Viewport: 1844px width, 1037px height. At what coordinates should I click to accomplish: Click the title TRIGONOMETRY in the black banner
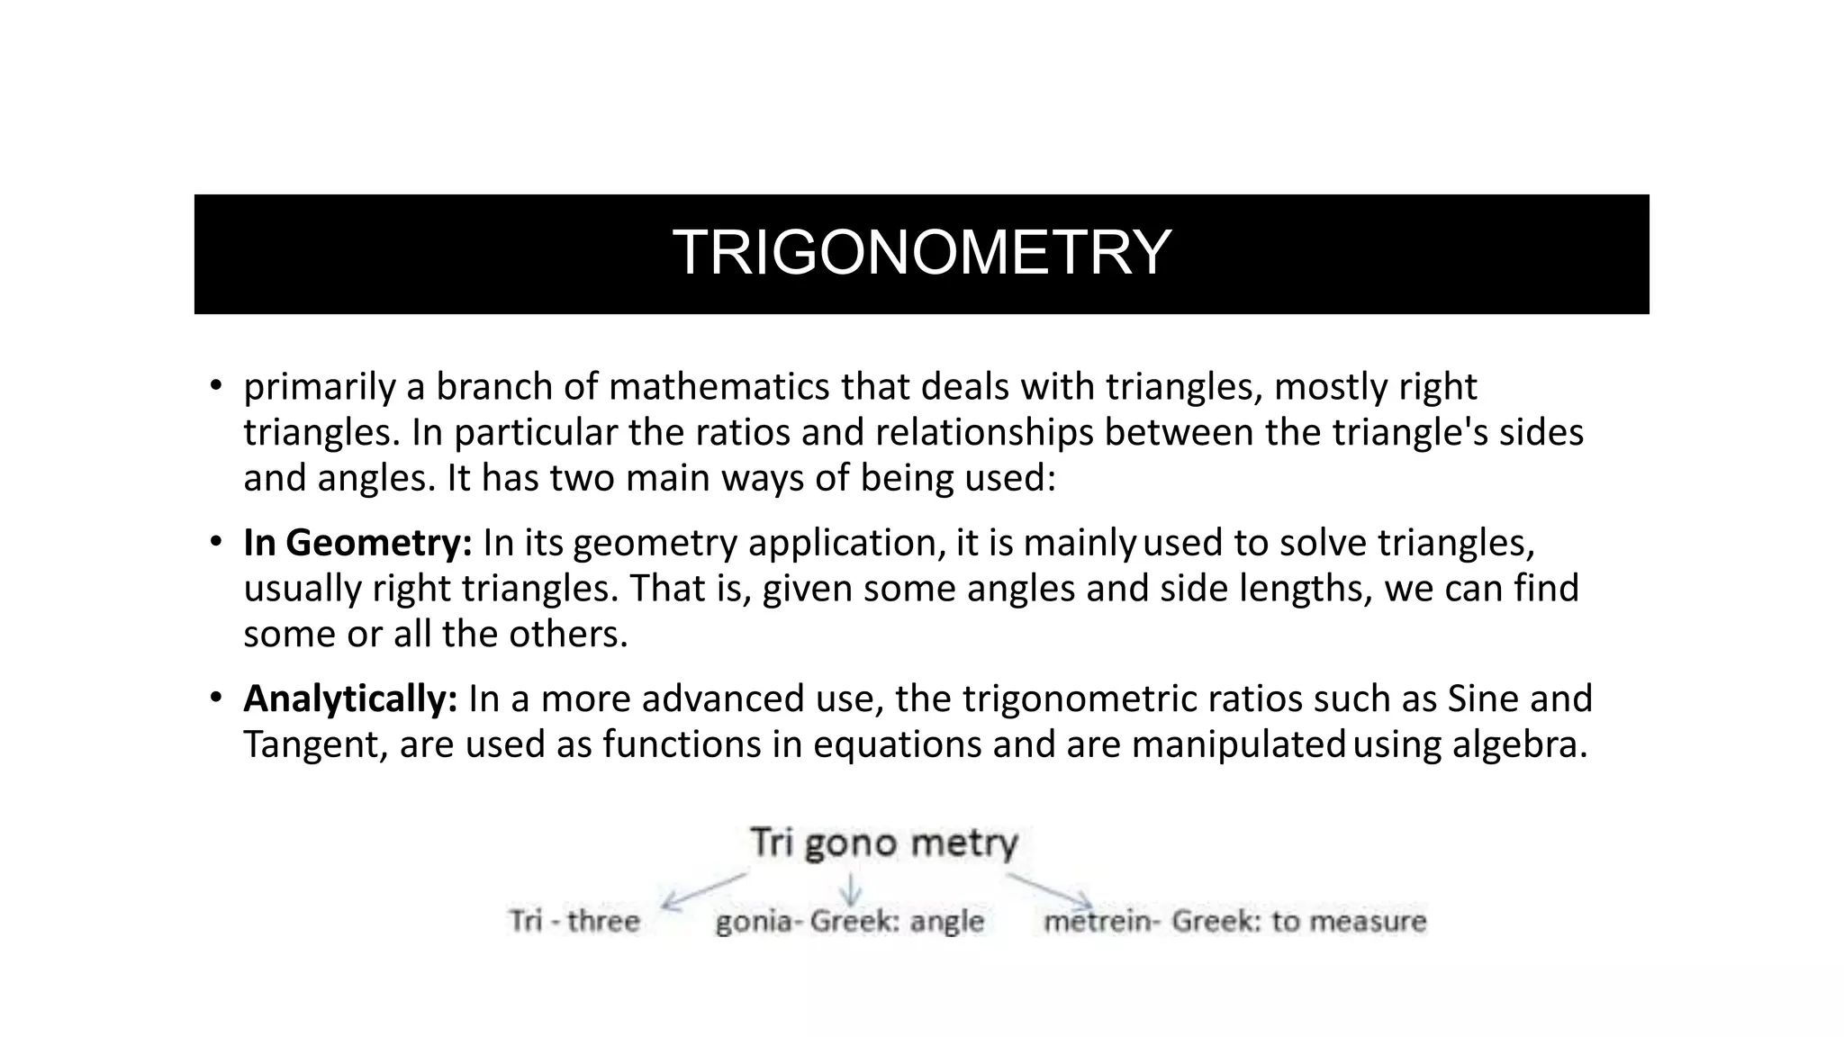tap(921, 253)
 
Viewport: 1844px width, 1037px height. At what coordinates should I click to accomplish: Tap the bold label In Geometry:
tap(357, 543)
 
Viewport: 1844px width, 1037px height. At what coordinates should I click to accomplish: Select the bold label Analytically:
tap(350, 699)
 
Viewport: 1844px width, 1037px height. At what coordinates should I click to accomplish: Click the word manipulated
tap(1238, 744)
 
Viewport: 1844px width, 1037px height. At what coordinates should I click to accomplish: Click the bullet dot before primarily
tap(215, 386)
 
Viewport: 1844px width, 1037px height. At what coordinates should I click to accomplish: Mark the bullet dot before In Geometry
tap(215, 542)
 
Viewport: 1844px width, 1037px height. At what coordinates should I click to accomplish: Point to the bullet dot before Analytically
tap(215, 698)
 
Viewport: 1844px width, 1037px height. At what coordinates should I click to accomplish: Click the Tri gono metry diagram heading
tap(883, 843)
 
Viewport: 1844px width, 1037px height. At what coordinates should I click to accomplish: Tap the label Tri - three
tap(574, 921)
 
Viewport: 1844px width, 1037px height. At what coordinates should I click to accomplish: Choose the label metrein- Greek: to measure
tap(1234, 921)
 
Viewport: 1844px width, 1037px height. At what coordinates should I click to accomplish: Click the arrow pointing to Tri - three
tap(704, 889)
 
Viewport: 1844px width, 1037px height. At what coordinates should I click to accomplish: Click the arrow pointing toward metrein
tap(1050, 888)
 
